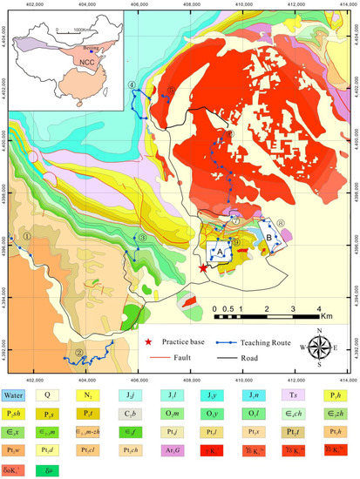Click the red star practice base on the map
coord(203,269)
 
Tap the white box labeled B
coord(268,236)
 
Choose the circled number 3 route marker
coord(141,239)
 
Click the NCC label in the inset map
coord(84,67)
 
